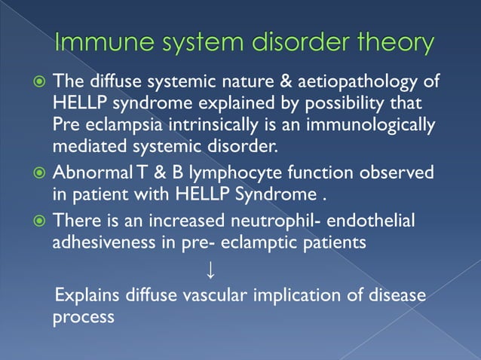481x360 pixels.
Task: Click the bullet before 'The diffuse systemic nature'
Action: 38,82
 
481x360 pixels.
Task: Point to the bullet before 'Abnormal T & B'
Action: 38,173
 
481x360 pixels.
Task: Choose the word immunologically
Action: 362,124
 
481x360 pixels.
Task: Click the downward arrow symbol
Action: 210,267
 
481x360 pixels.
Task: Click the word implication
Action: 305,294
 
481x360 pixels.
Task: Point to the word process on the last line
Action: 83,316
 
